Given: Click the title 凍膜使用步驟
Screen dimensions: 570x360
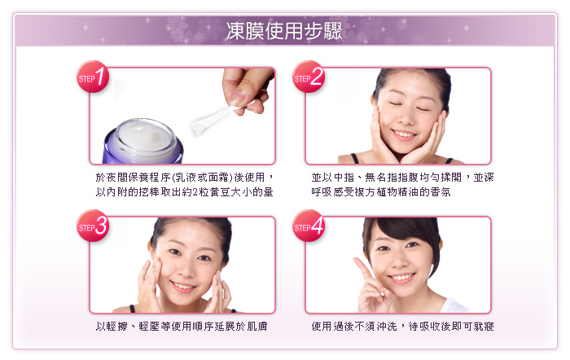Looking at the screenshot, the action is (x=284, y=31).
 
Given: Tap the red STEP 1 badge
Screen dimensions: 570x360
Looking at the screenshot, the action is (x=93, y=77).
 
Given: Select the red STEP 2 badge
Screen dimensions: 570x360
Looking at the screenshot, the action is (x=309, y=77).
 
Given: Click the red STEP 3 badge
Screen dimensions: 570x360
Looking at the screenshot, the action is (x=93, y=226).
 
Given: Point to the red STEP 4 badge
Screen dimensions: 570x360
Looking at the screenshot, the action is (x=309, y=226).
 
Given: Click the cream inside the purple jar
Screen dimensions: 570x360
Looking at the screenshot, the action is (x=142, y=137).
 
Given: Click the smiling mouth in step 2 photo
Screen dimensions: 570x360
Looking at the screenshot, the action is (x=404, y=135).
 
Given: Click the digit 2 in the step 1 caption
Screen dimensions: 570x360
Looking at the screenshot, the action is (x=195, y=192).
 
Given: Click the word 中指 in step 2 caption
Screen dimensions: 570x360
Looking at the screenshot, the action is (x=344, y=178).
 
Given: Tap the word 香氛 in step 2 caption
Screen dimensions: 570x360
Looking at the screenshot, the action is (x=441, y=192).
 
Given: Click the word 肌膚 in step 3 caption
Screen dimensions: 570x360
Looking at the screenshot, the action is (x=257, y=327).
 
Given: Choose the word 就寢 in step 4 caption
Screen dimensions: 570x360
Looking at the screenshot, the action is (x=484, y=327).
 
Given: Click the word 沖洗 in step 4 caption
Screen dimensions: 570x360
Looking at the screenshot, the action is (x=387, y=327).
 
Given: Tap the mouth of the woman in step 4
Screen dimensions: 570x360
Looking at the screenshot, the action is (x=401, y=279).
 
